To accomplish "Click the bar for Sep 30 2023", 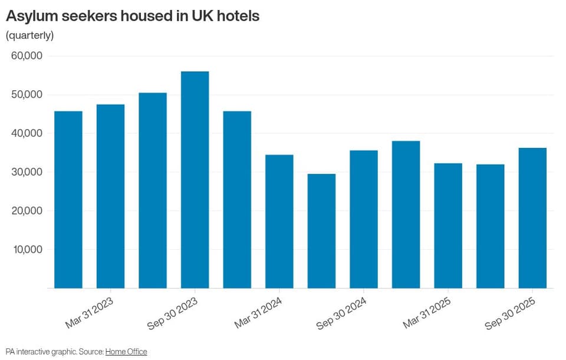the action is tap(195, 180).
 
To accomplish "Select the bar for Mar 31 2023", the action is tap(110, 196).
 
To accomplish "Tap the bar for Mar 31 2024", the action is tap(279, 222).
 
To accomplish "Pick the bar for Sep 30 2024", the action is tap(364, 219).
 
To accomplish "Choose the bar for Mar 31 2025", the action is tap(448, 226).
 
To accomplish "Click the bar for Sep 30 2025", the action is tap(532, 218).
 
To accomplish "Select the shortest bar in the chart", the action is tap(322, 231).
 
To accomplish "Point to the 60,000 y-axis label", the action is tap(27, 55).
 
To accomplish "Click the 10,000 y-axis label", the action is tap(28, 249).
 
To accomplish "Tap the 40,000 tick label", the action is tap(27, 133).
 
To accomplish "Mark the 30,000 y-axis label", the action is tap(27, 171).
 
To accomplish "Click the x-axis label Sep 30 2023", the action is tap(173, 313).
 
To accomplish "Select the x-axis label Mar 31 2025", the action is tap(427, 313).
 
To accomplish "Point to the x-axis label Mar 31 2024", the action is tap(258, 313).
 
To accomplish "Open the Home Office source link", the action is tap(126, 351).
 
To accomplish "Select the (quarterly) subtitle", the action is tap(29, 35).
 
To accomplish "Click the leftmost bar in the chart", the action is tap(68, 200).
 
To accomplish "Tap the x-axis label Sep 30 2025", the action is tap(510, 313).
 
